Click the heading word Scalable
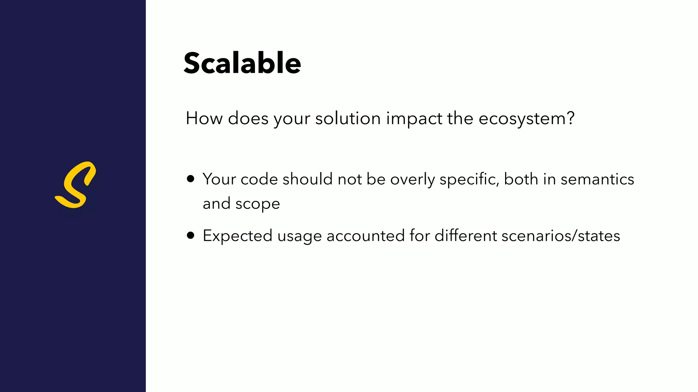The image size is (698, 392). pos(242,63)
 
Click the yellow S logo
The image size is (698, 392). pos(75,185)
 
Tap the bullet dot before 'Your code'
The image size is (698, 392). pos(191,179)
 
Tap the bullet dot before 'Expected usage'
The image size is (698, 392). pos(191,235)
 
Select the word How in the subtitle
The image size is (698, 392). pos(204,119)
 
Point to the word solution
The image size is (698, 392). pos(348,119)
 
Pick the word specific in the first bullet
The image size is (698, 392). pos(469,179)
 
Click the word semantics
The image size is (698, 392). pos(597,179)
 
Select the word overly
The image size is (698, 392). pos(412,179)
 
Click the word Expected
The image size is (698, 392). pos(238,236)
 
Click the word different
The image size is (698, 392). pos(466,236)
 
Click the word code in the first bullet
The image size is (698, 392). pos(259,179)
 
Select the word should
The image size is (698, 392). pos(307,179)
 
